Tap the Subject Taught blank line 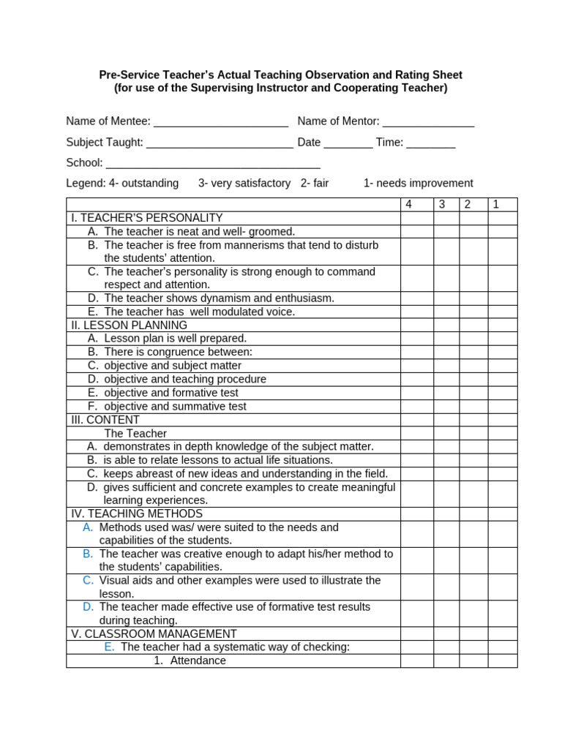click(220, 143)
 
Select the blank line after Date click(348, 143)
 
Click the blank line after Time click(431, 143)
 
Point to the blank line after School click(213, 164)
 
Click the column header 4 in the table click(409, 205)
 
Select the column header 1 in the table click(495, 205)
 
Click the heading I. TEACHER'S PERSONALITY click(147, 218)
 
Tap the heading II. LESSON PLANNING click(130, 325)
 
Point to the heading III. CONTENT click(105, 420)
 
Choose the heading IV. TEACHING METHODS click(137, 513)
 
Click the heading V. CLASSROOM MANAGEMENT click(154, 633)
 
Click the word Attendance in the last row click(198, 660)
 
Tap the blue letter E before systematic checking click(109, 647)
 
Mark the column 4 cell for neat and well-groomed click(416, 231)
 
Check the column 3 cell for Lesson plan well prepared click(446, 338)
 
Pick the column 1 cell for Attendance click(502, 660)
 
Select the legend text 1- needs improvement click(418, 183)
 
